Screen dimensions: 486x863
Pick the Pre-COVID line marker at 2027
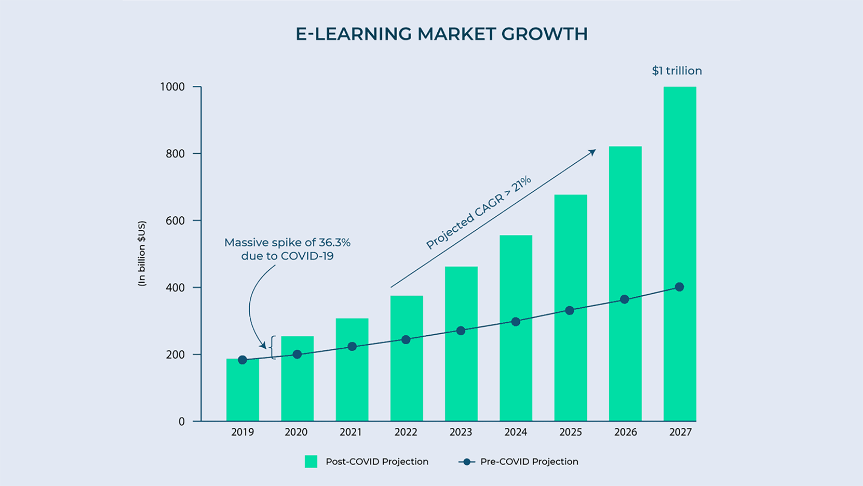pos(679,287)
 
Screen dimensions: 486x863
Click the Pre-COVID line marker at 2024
pos(516,322)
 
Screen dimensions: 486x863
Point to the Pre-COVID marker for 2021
pos(352,347)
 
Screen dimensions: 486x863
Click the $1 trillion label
pos(677,71)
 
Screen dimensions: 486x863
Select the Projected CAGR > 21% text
pos(478,212)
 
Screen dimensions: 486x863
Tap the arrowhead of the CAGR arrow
pos(592,152)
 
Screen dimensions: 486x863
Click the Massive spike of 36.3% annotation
pos(287,249)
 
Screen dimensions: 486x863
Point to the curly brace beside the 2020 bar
pos(273,347)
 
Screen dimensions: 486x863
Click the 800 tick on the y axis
pos(175,154)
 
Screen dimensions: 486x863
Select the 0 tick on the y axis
pos(182,422)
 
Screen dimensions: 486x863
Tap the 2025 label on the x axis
pos(570,432)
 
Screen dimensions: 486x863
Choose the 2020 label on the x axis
pos(296,432)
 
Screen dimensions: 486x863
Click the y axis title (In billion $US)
pos(142,253)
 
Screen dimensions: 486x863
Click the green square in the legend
pos(311,462)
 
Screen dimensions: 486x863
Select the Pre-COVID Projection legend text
pos(529,462)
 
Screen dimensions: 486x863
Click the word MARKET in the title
pos(456,34)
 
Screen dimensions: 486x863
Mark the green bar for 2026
pos(625,283)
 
